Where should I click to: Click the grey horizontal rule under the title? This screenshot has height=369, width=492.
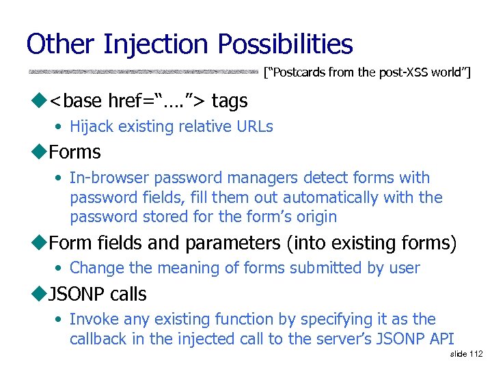point(143,71)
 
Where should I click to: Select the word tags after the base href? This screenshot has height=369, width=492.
point(230,101)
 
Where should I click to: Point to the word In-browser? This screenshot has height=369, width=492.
point(109,178)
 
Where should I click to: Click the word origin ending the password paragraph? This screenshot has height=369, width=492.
point(316,217)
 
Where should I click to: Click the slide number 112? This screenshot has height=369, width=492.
point(476,354)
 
